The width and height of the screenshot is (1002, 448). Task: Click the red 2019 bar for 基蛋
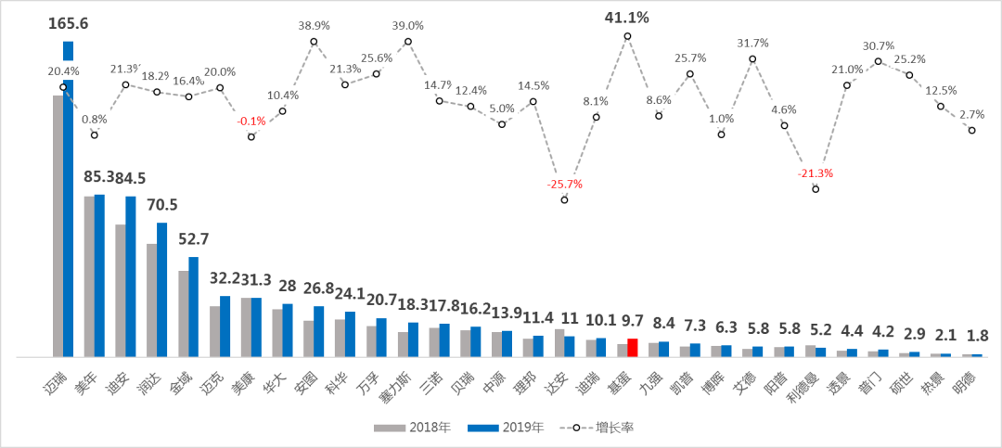[633, 348]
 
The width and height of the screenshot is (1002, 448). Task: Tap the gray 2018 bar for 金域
[184, 314]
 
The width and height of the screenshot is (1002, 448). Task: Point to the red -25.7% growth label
[564, 184]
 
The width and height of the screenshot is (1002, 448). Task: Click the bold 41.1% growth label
[627, 17]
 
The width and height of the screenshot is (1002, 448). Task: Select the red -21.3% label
[816, 173]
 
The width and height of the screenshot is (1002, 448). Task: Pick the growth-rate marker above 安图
[314, 41]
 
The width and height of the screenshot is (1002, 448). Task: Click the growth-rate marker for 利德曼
[816, 189]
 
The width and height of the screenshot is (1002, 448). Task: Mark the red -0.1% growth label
[251, 121]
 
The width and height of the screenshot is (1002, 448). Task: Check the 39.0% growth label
[408, 26]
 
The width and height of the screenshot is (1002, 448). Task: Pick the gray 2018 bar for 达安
[559, 342]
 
